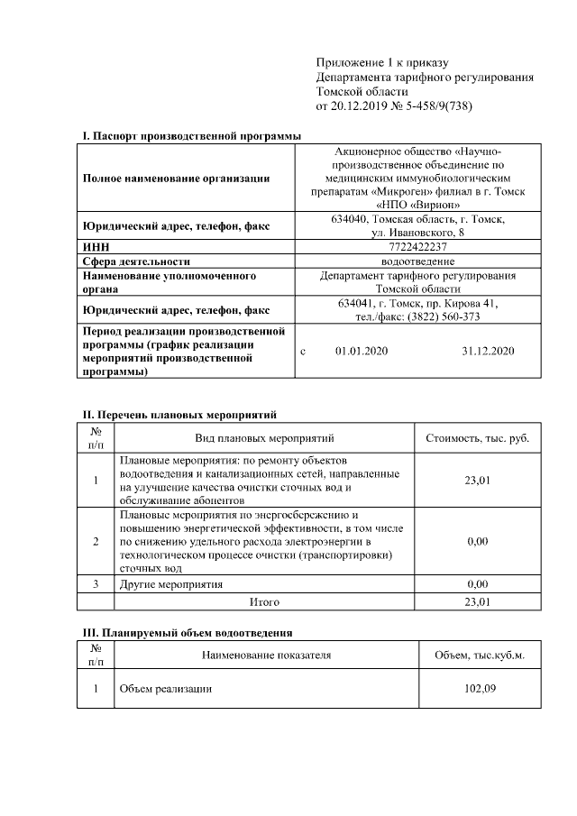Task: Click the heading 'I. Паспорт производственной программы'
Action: (191, 135)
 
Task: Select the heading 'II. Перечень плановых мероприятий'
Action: (179, 415)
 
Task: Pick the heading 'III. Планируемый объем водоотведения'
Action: (188, 633)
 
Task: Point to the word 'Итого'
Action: (264, 601)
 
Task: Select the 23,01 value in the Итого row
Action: (478, 601)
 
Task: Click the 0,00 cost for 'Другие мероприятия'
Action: (478, 584)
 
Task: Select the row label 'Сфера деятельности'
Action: (136, 261)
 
